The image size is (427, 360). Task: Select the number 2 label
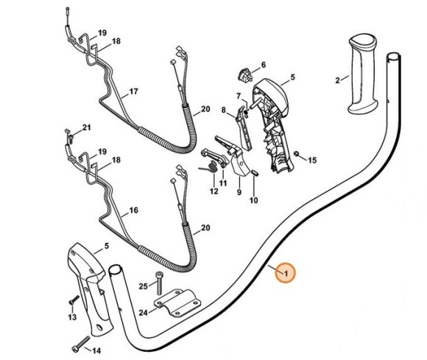(337, 80)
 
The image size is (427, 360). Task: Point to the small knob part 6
(244, 74)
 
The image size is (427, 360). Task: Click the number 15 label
(311, 160)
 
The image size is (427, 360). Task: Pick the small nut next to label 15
(296, 155)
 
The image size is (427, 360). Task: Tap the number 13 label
(72, 317)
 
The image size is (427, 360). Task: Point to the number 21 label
(86, 128)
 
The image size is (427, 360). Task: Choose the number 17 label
(133, 93)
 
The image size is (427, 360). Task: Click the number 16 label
(133, 210)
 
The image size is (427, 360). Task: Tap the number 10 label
(254, 200)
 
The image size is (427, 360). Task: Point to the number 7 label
(238, 96)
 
